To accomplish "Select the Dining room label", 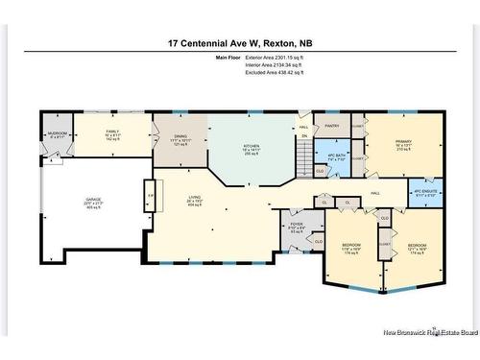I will point(180,142).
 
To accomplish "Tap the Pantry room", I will point(332,126).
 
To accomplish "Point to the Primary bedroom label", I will point(403,147).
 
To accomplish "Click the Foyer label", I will point(297,228).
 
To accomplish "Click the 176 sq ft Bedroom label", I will point(350,250).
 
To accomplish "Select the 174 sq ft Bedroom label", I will point(417,250).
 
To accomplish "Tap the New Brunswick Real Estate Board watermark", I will point(429,332).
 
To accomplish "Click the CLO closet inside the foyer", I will point(318,241).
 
